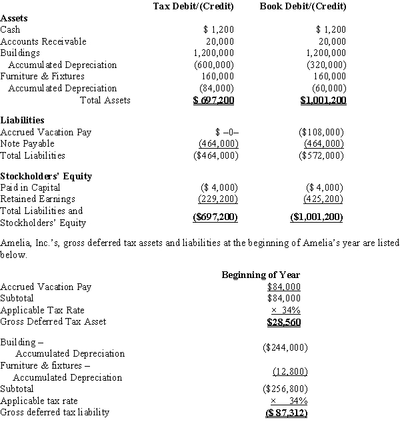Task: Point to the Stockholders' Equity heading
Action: [x=46, y=176]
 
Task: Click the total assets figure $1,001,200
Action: [x=323, y=101]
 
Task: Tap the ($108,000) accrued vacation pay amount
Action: [x=323, y=132]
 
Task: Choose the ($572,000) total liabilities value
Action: [x=323, y=155]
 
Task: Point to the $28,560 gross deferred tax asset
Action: [x=283, y=322]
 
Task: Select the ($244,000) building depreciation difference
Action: [x=284, y=347]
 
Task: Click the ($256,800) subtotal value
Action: [x=284, y=389]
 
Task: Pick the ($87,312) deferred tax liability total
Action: [x=284, y=413]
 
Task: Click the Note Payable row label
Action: [x=27, y=143]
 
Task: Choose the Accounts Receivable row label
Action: [x=43, y=41]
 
